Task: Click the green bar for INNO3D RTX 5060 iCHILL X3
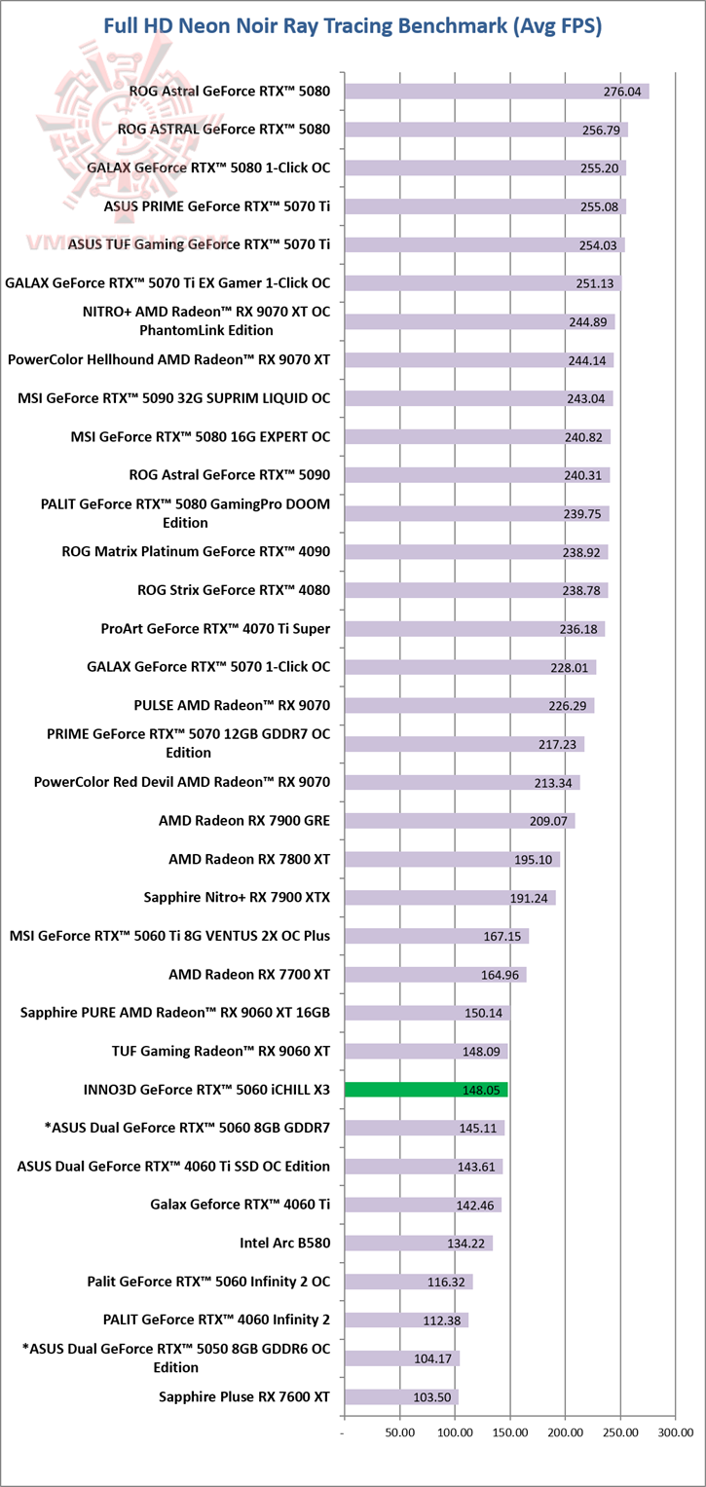(x=426, y=1090)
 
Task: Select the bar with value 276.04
(x=497, y=92)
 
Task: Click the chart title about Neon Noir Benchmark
(x=353, y=26)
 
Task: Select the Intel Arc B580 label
(x=284, y=1243)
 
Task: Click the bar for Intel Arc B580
(x=419, y=1243)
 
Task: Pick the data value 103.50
(x=432, y=1397)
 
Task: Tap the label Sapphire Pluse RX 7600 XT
(x=244, y=1396)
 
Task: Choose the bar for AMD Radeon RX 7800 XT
(x=453, y=860)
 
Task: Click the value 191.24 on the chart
(x=529, y=898)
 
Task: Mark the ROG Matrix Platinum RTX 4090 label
(x=196, y=551)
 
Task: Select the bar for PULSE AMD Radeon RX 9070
(x=469, y=706)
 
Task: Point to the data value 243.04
(x=585, y=399)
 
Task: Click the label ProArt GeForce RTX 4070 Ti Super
(x=215, y=629)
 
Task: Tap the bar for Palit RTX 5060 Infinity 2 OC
(x=409, y=1282)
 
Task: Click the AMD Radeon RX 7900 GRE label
(x=244, y=821)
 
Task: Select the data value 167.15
(x=502, y=937)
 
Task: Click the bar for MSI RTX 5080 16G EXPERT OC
(x=478, y=437)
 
